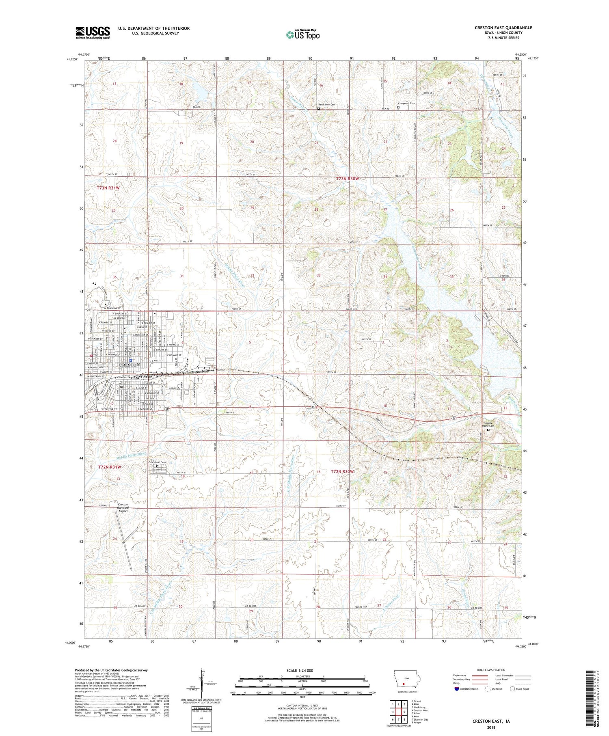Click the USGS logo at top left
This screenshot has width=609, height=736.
click(x=93, y=32)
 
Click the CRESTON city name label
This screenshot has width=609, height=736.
click(x=129, y=365)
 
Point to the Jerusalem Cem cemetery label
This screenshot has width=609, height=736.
click(x=327, y=104)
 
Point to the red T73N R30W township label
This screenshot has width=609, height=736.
click(x=348, y=179)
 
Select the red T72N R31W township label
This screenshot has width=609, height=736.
click(x=110, y=467)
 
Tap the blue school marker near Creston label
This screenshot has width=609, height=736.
click(x=130, y=360)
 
